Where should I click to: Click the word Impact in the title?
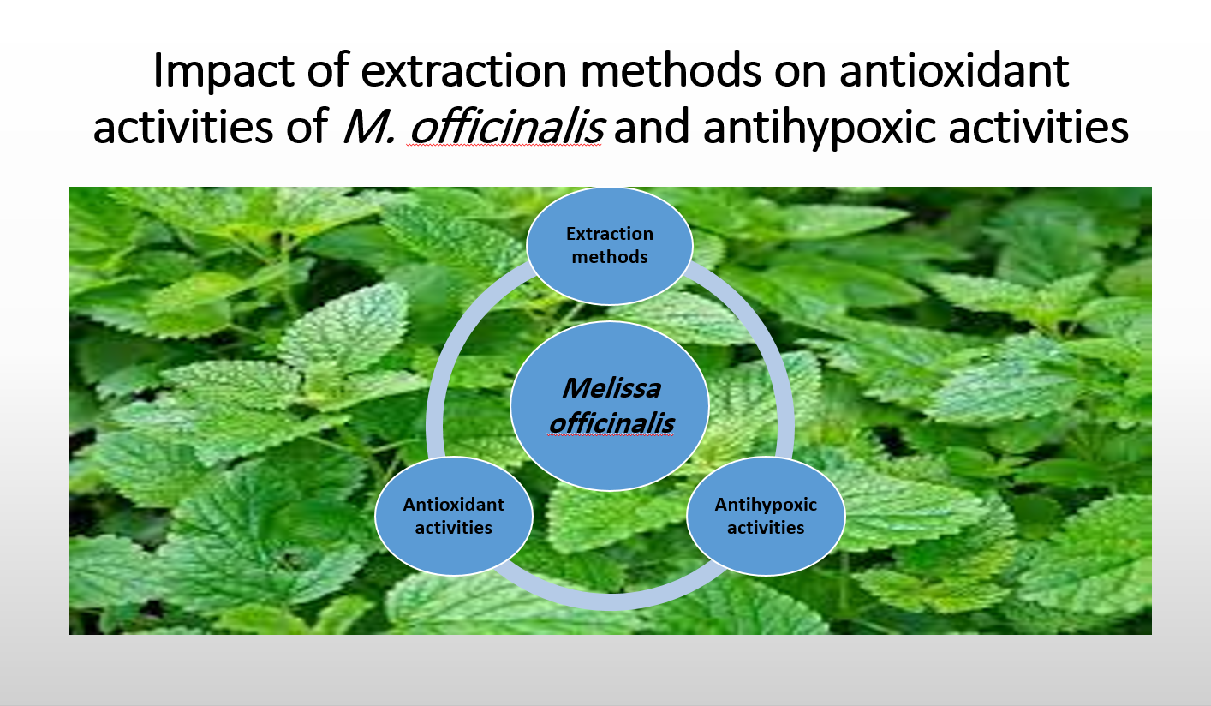(x=224, y=70)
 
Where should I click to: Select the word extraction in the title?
(x=464, y=70)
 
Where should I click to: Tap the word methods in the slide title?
(x=671, y=69)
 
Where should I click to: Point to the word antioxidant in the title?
(x=954, y=70)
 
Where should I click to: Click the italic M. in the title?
(x=369, y=127)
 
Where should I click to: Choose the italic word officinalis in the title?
(x=505, y=125)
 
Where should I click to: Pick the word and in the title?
(x=652, y=127)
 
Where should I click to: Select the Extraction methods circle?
(x=609, y=246)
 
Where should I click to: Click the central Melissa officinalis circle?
(x=609, y=406)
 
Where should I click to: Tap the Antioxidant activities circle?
(x=454, y=516)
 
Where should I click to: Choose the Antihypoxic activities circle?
(x=766, y=516)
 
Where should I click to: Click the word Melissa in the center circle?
(x=611, y=388)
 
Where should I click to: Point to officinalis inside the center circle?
(x=611, y=423)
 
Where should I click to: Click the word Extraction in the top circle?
(x=609, y=234)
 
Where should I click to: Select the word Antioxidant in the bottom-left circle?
(x=453, y=504)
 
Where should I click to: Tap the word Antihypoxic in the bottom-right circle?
(x=766, y=505)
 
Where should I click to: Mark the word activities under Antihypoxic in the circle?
(x=766, y=528)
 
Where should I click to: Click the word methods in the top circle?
(x=609, y=256)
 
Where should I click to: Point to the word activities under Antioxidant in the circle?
(x=454, y=528)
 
